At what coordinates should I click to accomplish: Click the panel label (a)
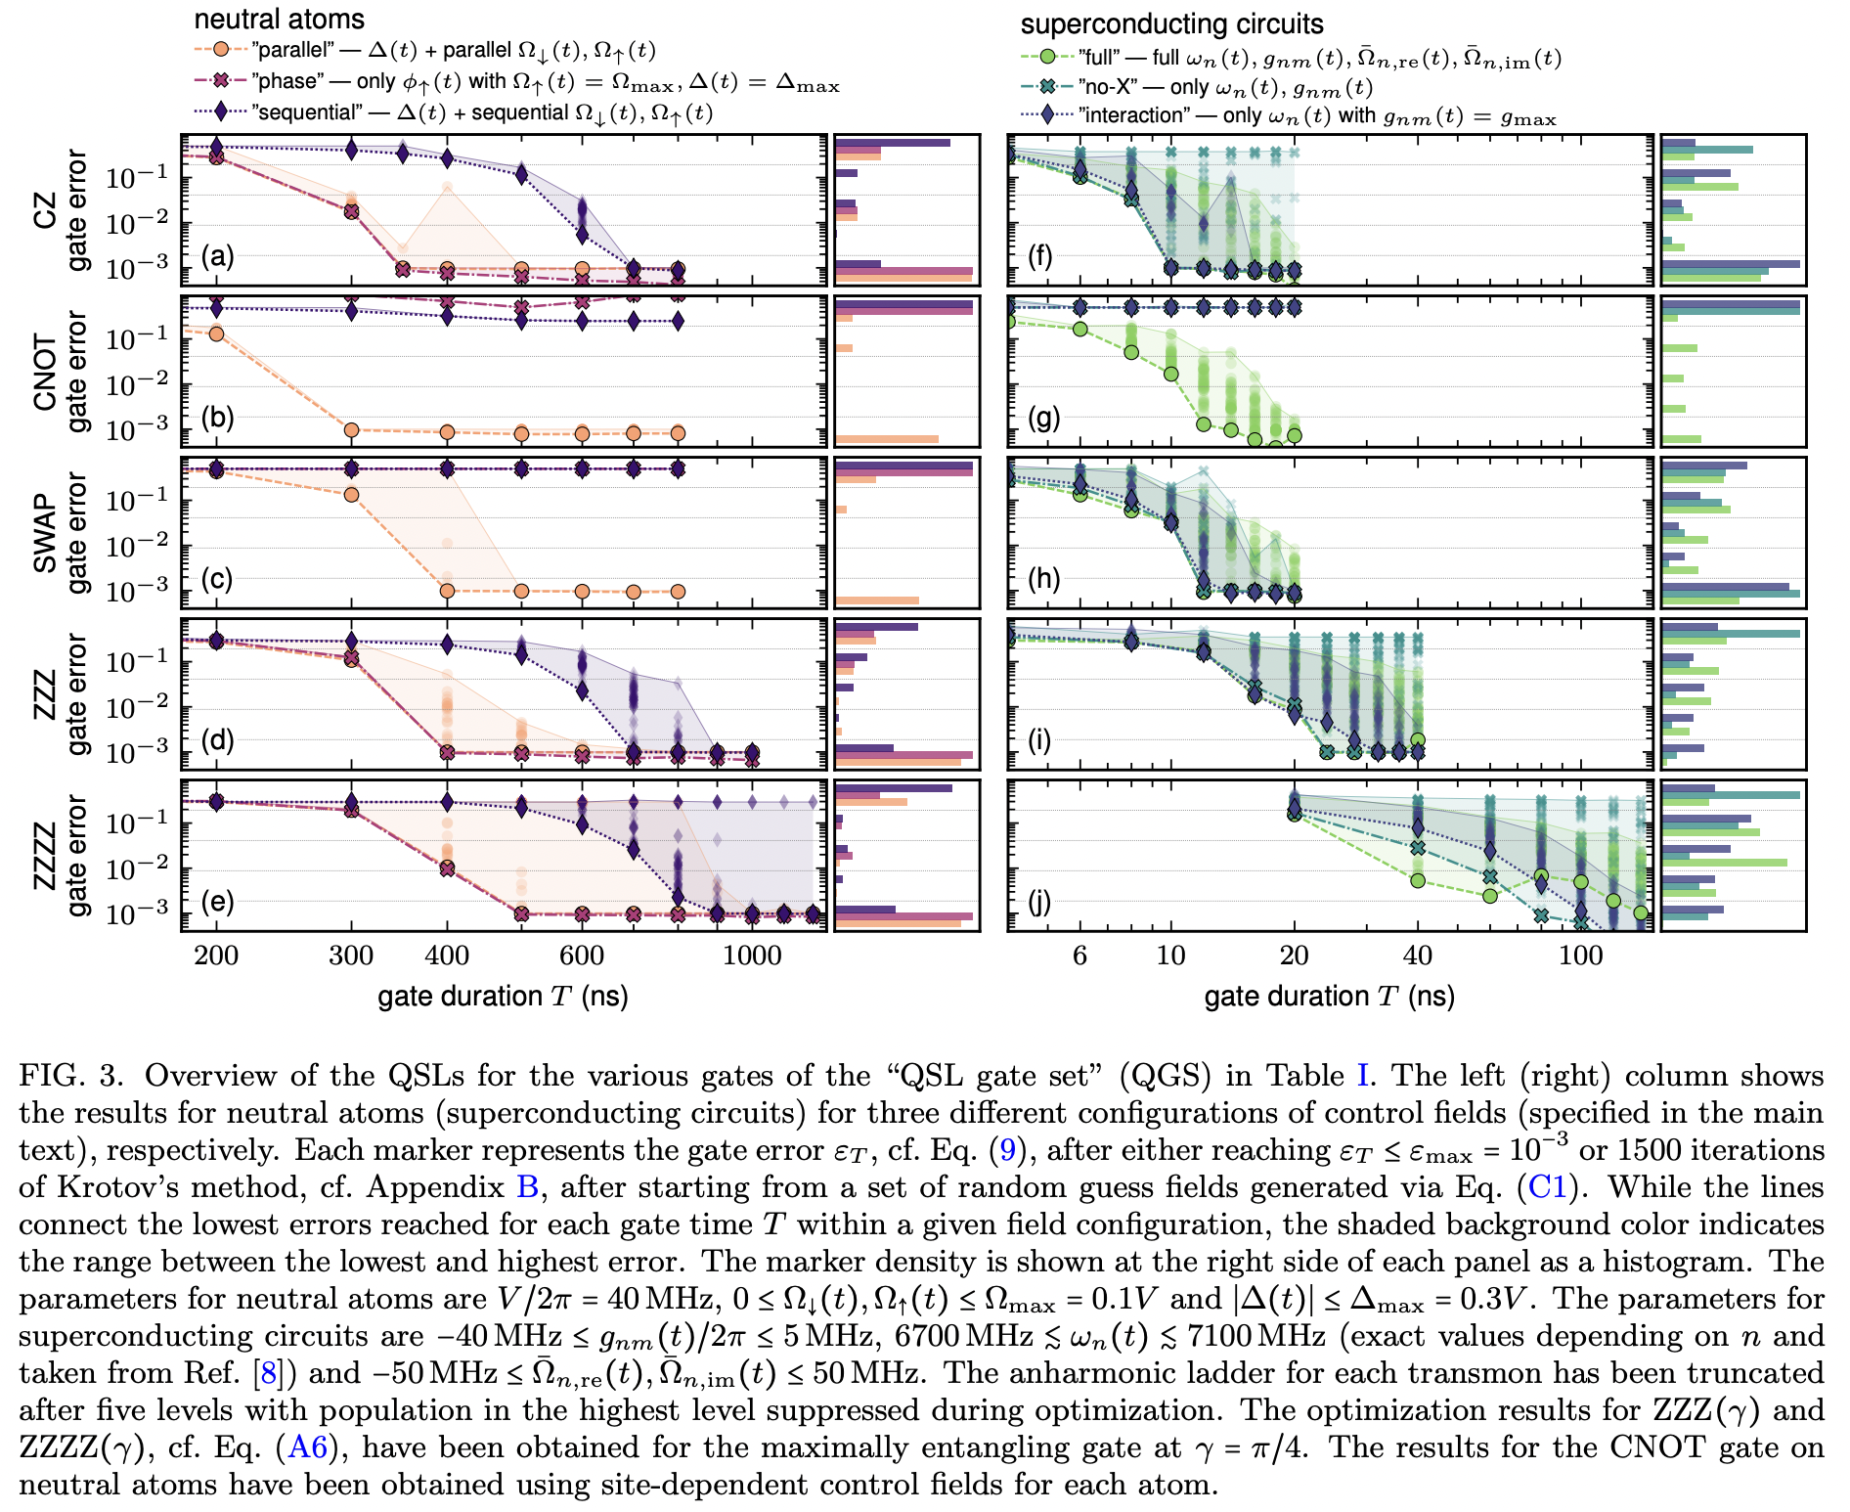217,257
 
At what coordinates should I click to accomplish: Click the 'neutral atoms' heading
279,19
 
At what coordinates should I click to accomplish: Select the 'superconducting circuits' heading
1171,23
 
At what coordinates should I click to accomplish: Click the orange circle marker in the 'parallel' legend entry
222,49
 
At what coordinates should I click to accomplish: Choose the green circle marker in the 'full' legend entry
1047,57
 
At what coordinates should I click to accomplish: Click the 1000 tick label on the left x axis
751,956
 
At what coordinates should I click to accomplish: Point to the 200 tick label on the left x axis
216,956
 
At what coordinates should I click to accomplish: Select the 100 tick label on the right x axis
1580,956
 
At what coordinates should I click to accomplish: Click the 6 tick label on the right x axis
1079,956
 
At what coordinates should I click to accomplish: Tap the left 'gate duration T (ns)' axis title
503,997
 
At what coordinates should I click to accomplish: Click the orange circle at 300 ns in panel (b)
352,429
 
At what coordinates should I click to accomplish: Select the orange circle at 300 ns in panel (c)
352,495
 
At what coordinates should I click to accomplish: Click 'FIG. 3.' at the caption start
71,1076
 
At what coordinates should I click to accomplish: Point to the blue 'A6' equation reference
307,1447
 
